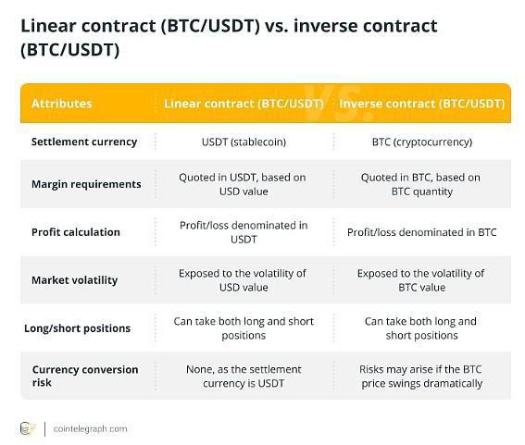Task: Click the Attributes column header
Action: [x=62, y=104]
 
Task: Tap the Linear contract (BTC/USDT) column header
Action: [x=244, y=104]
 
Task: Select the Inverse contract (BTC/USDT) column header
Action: [x=422, y=104]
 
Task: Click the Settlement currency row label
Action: [x=84, y=142]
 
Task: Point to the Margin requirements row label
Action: [x=86, y=184]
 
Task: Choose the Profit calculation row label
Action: [x=76, y=232]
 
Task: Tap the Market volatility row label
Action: [x=74, y=280]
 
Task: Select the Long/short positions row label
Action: [x=77, y=328]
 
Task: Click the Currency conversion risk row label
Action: [x=85, y=376]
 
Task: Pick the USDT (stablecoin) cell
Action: [x=244, y=142]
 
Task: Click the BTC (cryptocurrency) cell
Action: [x=422, y=142]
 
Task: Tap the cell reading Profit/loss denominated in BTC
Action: [x=422, y=232]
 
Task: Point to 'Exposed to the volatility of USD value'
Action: [x=244, y=280]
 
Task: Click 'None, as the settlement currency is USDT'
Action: [x=244, y=376]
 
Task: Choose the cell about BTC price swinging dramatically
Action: [x=421, y=376]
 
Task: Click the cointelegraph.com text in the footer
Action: [x=91, y=428]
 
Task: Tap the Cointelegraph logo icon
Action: [x=28, y=428]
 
